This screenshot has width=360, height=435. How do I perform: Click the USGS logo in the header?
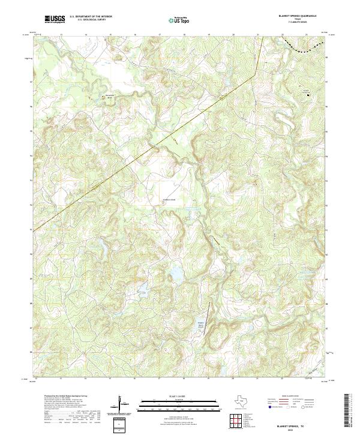click(x=55, y=19)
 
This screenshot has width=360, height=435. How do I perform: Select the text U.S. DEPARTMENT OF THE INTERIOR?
click(x=91, y=17)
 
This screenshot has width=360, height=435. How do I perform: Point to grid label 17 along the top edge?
click(x=160, y=35)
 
